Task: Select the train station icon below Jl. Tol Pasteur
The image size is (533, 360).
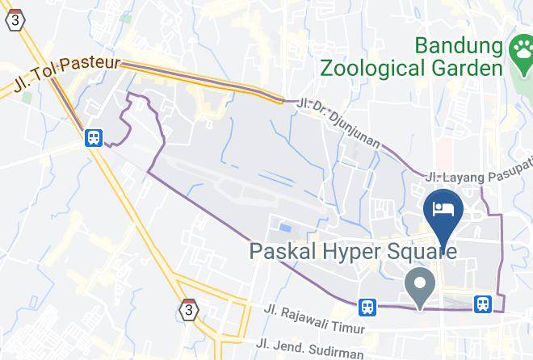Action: (x=94, y=137)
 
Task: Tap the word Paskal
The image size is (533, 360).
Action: (x=287, y=252)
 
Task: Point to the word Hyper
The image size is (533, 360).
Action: (x=360, y=252)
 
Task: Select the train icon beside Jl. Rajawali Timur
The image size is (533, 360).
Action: (x=367, y=306)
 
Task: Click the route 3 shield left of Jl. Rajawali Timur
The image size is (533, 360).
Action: (x=188, y=309)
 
